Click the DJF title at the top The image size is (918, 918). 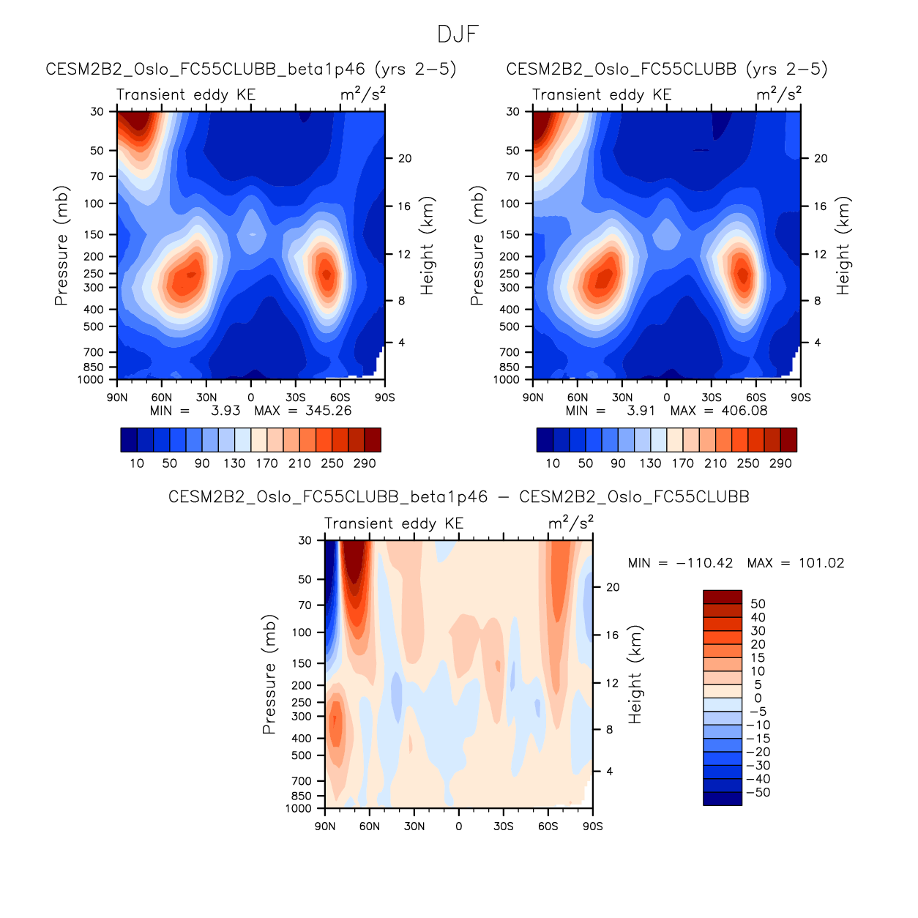coord(458,34)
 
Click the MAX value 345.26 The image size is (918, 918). coord(328,411)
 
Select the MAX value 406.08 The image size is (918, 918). coord(744,411)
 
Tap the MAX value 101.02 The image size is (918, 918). coord(821,563)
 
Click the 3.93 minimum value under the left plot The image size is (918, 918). coord(225,411)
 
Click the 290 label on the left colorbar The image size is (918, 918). coord(364,463)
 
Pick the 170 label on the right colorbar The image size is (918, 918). coord(683,463)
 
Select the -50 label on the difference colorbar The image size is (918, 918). coord(762,792)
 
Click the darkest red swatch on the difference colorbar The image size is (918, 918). coord(722,597)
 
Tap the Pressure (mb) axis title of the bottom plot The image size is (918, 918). coord(269,674)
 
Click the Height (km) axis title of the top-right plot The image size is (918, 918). coord(843,245)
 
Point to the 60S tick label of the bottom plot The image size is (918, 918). coord(548,826)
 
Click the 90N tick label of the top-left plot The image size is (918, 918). coord(117,398)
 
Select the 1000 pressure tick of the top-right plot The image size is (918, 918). coord(507,379)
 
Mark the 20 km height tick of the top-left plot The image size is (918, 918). coord(405,158)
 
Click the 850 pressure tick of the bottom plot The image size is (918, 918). coord(301,796)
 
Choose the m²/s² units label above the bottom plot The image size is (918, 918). coord(570,523)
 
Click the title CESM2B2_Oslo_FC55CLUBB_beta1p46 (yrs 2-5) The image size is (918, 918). coord(251,69)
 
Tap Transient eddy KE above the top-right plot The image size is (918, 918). coord(602,94)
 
